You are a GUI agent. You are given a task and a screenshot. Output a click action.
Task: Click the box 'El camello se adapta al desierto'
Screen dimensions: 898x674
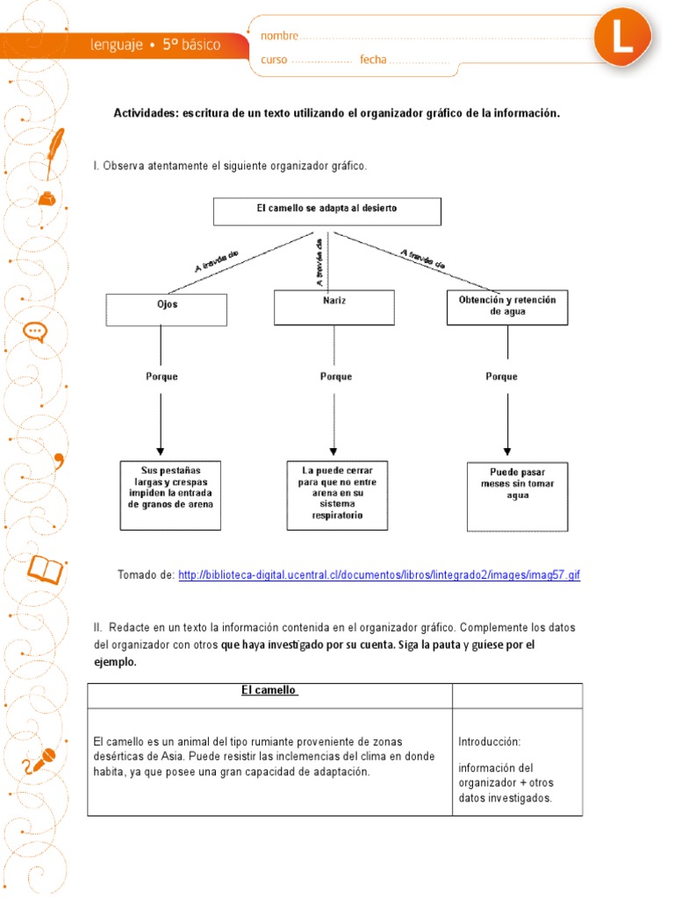pos(326,210)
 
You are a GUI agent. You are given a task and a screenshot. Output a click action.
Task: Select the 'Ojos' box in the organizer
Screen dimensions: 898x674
pos(166,309)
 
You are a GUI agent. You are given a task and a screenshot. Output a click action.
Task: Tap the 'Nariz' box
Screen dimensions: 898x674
pos(333,307)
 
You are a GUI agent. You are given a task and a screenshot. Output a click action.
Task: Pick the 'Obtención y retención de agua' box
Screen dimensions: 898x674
pos(506,307)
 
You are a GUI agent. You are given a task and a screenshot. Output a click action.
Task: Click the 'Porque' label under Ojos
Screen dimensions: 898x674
pos(161,376)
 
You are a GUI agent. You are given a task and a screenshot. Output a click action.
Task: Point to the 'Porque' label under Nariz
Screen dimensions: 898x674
pos(335,376)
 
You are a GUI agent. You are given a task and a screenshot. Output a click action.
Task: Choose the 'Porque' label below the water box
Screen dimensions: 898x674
pos(501,376)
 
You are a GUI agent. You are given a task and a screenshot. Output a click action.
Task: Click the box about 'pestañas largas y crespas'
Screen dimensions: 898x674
pos(170,495)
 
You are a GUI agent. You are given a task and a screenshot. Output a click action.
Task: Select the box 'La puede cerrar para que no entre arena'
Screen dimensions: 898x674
pos(336,495)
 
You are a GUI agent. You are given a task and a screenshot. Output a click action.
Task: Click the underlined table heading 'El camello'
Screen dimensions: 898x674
pos(269,691)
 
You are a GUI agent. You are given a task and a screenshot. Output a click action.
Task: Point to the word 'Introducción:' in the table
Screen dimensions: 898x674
pos(490,742)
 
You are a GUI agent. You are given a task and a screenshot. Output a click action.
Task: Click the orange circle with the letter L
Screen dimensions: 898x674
pos(623,39)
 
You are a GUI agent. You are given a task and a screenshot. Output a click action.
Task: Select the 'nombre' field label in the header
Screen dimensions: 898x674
pos(280,36)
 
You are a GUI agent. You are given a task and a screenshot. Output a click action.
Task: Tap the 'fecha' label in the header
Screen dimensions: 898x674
pos(373,60)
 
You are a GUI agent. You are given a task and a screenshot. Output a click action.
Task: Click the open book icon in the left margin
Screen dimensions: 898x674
pos(45,569)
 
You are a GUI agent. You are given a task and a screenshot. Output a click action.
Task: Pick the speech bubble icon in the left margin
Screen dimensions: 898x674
pos(35,331)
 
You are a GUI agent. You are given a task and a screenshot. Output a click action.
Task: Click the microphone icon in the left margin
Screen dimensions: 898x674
pos(39,760)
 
